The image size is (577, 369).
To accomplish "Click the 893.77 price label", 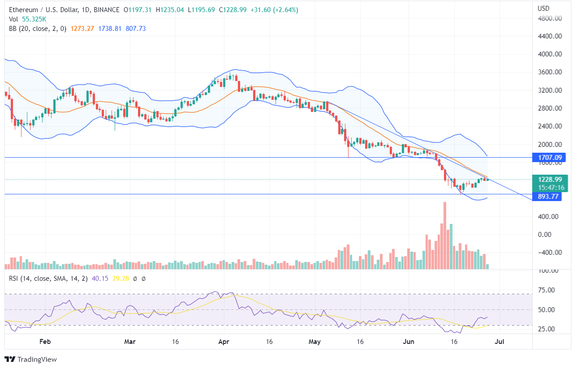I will click(549, 196).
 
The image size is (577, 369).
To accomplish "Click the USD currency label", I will click(543, 8).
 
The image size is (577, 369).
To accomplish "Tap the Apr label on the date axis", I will click(224, 342).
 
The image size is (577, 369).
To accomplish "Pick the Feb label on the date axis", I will click(45, 342).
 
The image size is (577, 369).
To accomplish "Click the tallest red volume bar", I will click(444, 236).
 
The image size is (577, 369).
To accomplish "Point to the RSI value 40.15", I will click(98, 279).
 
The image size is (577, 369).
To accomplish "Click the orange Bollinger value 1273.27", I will click(82, 29).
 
